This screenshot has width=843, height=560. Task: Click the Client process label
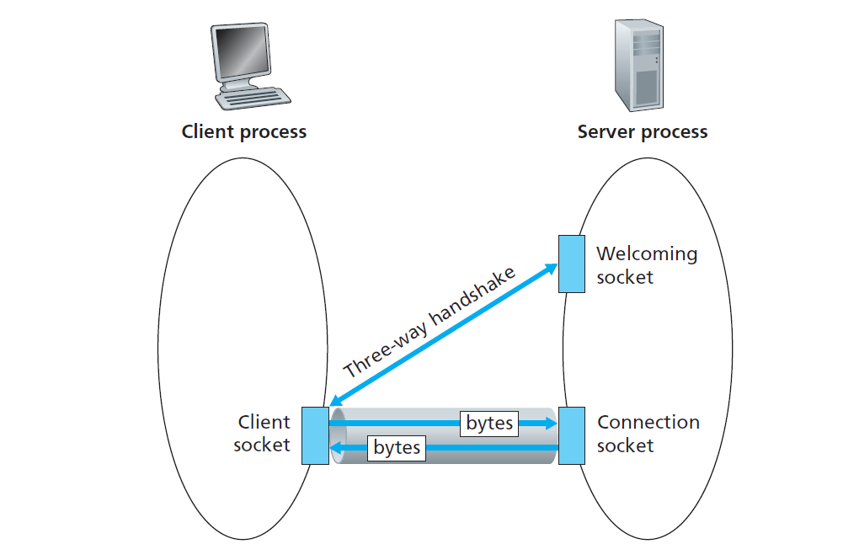pyautogui.click(x=244, y=131)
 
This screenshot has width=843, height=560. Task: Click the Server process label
pyautogui.click(x=643, y=131)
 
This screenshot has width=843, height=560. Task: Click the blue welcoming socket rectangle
pyautogui.click(x=572, y=264)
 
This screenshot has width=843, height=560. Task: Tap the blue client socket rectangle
pyautogui.click(x=315, y=435)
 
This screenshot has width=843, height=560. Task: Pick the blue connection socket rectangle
pyautogui.click(x=572, y=435)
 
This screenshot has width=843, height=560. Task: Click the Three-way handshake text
pyautogui.click(x=430, y=321)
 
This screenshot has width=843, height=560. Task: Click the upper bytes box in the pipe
pyautogui.click(x=489, y=423)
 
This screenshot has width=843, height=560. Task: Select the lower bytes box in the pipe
pyautogui.click(x=397, y=448)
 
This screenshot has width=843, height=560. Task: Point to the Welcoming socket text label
pyautogui.click(x=646, y=264)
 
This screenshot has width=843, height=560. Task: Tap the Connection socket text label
pyautogui.click(x=648, y=434)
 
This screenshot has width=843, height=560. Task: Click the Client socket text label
pyautogui.click(x=263, y=434)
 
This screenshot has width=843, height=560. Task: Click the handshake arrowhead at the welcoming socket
pyautogui.click(x=552, y=269)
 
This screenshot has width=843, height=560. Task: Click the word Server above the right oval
pyautogui.click(x=606, y=131)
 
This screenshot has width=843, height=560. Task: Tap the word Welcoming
pyautogui.click(x=647, y=253)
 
